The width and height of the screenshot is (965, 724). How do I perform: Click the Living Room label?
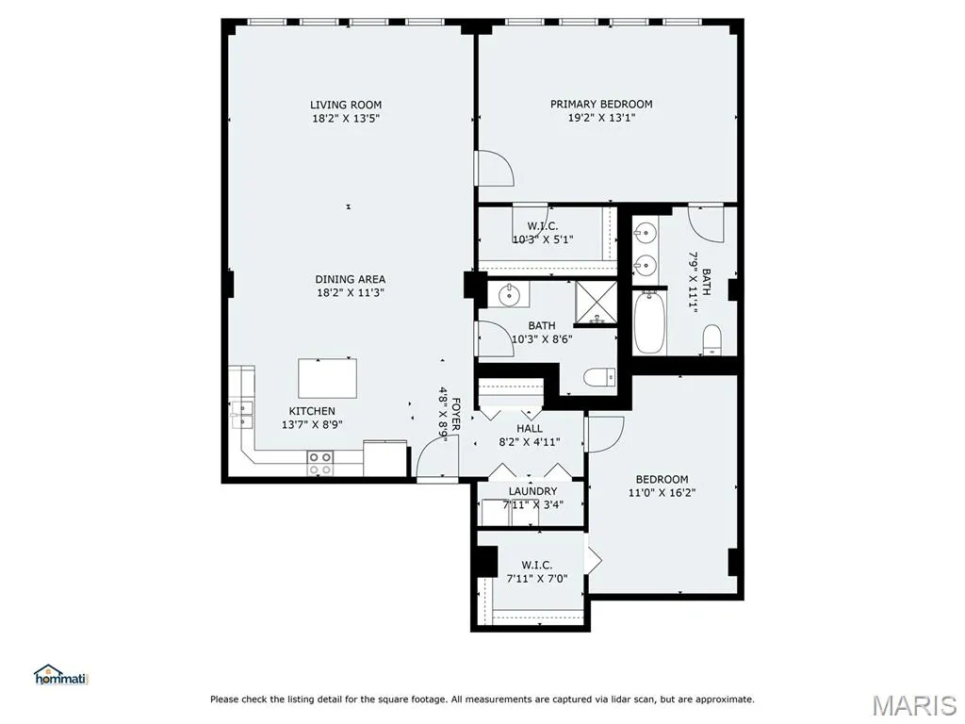tap(345, 105)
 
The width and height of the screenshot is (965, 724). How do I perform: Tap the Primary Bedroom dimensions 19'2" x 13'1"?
tap(601, 118)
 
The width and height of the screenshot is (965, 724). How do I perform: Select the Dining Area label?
tap(351, 279)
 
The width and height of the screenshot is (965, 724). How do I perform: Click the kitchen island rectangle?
tap(327, 378)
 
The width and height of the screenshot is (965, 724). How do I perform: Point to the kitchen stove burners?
tap(320, 464)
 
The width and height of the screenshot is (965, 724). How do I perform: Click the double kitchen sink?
tap(242, 414)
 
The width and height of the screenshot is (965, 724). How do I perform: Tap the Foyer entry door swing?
tap(435, 454)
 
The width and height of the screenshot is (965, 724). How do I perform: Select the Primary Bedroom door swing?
tap(494, 168)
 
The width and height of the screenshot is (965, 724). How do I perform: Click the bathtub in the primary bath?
tap(649, 322)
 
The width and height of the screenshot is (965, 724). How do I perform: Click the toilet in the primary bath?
tap(712, 339)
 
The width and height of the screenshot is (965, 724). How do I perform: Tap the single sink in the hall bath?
tap(509, 295)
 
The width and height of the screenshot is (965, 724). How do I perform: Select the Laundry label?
tap(532, 491)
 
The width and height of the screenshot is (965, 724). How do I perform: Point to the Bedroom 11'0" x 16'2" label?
tap(662, 485)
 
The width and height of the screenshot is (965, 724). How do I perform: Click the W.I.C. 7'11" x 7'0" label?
tap(536, 572)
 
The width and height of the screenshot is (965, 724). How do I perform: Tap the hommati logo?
tap(61, 675)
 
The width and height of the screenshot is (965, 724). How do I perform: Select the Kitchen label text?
tap(312, 411)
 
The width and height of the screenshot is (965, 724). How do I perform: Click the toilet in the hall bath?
tap(598, 377)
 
